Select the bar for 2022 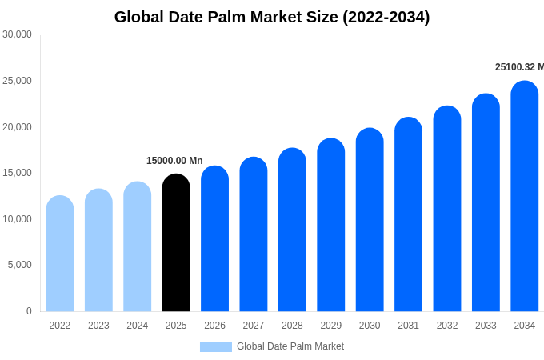(x=60, y=254)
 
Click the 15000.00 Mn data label (x=174, y=161)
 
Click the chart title (x=272, y=17)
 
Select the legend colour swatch (x=215, y=347)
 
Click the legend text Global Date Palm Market (x=290, y=346)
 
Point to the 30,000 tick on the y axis (x=17, y=34)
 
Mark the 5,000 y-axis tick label (x=19, y=265)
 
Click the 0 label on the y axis (x=29, y=311)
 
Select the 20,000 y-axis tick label (x=17, y=127)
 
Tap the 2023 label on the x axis (x=98, y=326)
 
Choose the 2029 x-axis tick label (x=331, y=326)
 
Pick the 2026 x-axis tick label (x=214, y=326)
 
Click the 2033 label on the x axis (x=486, y=326)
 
